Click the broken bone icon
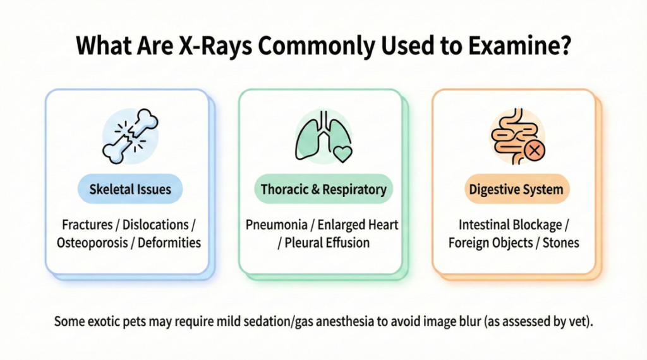[x=130, y=136]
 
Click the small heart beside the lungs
[x=342, y=154]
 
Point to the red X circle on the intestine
[x=535, y=150]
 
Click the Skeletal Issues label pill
[x=130, y=189]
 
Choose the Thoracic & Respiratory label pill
[x=323, y=189]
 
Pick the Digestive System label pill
[x=517, y=189]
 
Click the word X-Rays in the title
[x=215, y=45]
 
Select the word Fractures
[x=87, y=225]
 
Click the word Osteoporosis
[x=92, y=243]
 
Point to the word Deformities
[x=169, y=243]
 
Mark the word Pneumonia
[x=277, y=225]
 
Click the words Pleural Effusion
[x=327, y=243]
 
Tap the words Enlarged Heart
[x=358, y=225]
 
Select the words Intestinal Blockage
[x=511, y=225]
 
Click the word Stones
[x=561, y=243]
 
